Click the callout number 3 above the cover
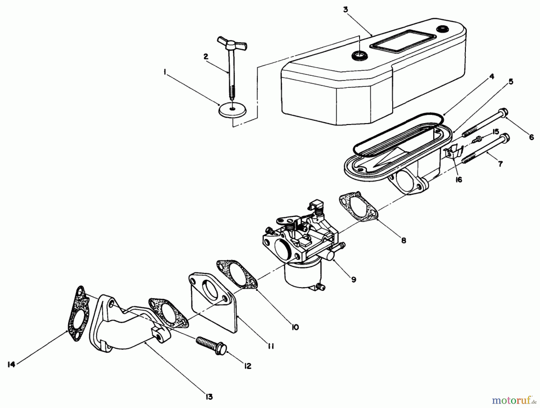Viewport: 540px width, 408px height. click(346, 10)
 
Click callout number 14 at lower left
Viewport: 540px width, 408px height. click(11, 365)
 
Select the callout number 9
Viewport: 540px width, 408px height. click(354, 279)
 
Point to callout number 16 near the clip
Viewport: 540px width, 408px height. click(458, 179)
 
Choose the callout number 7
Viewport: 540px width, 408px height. click(500, 164)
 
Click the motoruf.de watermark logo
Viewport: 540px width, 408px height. click(514, 400)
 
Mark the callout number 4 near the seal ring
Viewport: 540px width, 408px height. click(491, 77)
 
